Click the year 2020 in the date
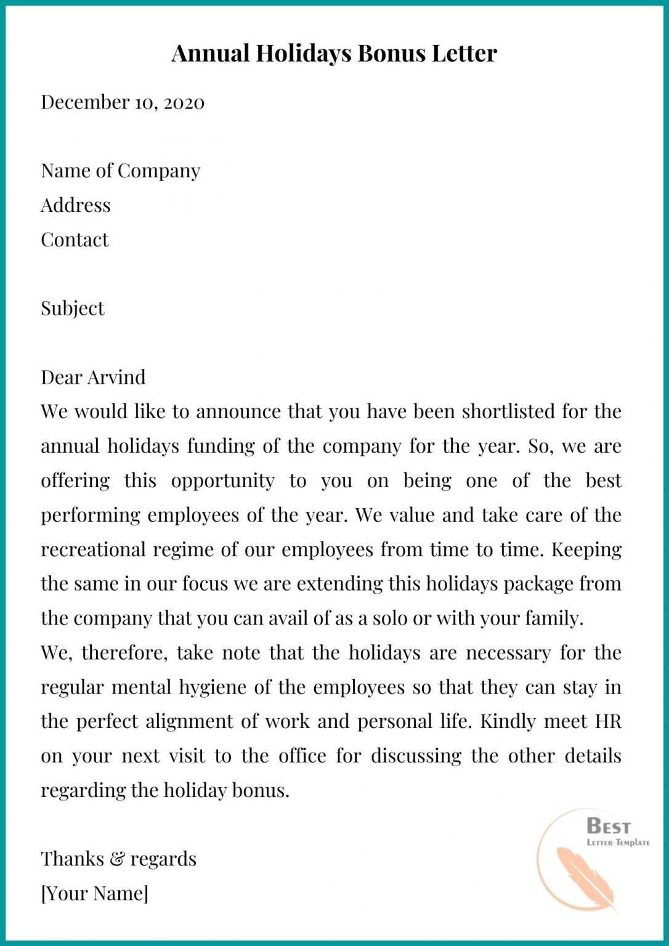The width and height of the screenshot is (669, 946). point(184,102)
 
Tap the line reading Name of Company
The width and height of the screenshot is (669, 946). point(120,171)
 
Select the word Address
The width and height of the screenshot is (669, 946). point(75,205)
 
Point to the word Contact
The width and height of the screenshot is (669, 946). point(75,240)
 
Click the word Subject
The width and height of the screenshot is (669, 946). point(73,308)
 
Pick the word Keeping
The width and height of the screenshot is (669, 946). point(586,549)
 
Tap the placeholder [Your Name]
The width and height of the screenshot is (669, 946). point(94,893)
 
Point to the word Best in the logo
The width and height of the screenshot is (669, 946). point(609,825)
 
